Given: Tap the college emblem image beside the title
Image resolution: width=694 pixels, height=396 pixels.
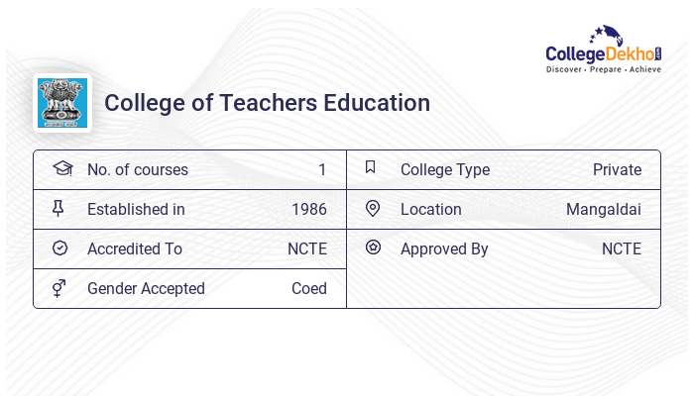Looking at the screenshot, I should click(62, 103).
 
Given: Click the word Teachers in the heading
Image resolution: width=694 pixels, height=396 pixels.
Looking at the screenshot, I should click(260, 103).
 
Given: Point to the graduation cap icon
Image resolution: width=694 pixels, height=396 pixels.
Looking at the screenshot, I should click(61, 168).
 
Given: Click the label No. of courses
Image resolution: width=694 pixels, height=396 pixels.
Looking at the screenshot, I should click(138, 170).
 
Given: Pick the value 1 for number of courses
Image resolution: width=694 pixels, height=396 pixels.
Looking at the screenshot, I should click(322, 170).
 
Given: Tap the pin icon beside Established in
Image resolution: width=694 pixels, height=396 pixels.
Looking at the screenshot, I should click(58, 208).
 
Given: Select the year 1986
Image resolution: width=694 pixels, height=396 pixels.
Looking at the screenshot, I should click(309, 210).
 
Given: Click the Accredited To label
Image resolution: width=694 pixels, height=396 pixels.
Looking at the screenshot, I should click(135, 249).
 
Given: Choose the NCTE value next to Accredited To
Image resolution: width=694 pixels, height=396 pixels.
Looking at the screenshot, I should click(307, 249).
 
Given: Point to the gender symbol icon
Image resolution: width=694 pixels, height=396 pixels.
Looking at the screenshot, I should click(58, 288).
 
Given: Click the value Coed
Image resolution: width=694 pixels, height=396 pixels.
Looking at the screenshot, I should click(309, 289).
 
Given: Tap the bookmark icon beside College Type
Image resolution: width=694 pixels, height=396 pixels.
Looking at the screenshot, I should click(371, 167).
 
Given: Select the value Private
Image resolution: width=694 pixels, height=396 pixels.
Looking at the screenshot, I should click(617, 170).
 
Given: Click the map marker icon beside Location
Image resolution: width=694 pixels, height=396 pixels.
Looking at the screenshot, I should click(373, 208).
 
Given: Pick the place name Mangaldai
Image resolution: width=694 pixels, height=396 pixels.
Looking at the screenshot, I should click(604, 210).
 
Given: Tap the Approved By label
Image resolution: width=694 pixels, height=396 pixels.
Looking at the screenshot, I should click(444, 249).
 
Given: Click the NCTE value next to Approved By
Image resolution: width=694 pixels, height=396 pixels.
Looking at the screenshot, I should click(622, 249).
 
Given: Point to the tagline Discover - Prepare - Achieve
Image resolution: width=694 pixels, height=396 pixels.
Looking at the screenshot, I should click(604, 70).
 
